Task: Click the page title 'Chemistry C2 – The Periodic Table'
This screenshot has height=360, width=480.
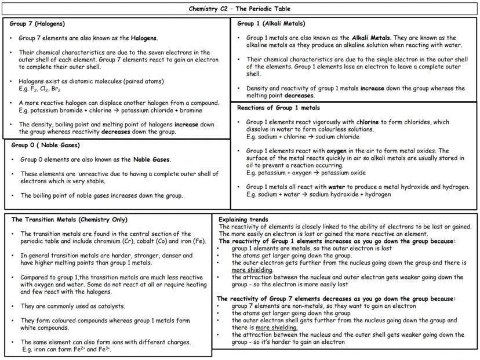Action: coord(239,9)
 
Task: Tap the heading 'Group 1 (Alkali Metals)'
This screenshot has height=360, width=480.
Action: coord(271,24)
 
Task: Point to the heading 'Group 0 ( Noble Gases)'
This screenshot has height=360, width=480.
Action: coord(45,145)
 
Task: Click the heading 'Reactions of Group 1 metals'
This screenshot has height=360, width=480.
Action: coord(278,108)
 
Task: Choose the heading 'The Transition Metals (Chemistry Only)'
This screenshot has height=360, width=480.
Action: coord(69,220)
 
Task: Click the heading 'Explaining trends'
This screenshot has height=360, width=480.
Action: coord(243,220)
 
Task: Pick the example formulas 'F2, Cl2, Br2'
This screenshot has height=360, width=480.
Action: coord(39,90)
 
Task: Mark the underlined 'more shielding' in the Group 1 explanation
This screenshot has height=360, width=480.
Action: coord(252,270)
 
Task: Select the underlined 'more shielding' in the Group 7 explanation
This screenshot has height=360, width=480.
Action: coord(277,328)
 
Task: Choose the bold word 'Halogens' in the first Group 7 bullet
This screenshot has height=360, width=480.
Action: coord(141,38)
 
